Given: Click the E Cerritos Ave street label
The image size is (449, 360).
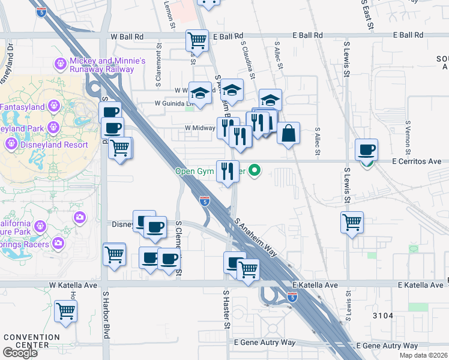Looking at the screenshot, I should coord(416,161).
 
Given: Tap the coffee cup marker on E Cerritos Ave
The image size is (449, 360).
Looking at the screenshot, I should coord(366,149).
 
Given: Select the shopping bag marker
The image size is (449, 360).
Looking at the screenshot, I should coord(289,133).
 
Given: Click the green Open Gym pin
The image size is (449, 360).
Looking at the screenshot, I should coord(255,170).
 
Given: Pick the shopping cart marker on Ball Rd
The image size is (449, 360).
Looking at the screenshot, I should coord(197,41).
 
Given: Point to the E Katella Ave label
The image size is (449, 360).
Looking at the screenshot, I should coord(315,285).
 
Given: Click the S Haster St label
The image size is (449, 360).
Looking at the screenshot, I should coord(227,310).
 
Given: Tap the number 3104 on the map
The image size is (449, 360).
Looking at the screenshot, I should coord(382,316).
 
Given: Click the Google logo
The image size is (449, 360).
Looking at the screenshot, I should coord(20,353).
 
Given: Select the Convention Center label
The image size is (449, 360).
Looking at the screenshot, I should coord(25,340).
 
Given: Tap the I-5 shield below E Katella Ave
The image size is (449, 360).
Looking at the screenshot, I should coord(292,297).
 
